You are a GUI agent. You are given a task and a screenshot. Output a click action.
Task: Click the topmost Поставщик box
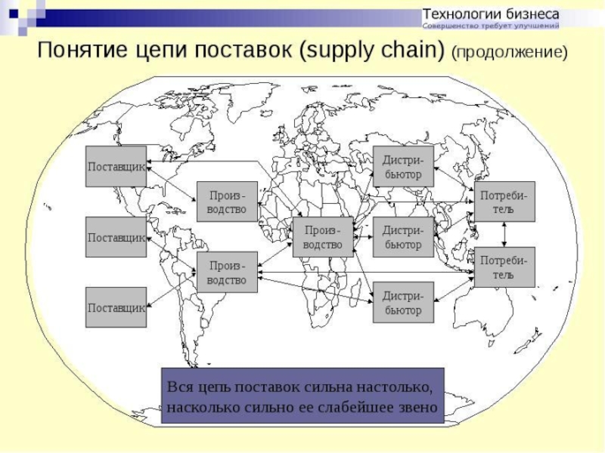pyautogui.click(x=116, y=166)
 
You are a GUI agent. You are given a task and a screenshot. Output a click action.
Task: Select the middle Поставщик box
pyautogui.click(x=116, y=237)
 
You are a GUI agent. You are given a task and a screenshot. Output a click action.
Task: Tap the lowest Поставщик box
pyautogui.click(x=116, y=307)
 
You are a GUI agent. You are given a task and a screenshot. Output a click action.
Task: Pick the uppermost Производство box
pyautogui.click(x=227, y=202)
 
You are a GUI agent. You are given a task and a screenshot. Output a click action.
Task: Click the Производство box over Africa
pyautogui.click(x=323, y=237)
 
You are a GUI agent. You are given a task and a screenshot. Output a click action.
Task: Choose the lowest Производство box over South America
pyautogui.click(x=227, y=273)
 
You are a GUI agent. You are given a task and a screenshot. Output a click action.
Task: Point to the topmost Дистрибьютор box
pyautogui.click(x=403, y=167)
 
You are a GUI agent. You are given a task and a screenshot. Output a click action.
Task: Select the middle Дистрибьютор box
pyautogui.click(x=403, y=237)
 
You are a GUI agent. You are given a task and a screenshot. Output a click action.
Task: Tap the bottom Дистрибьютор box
pyautogui.click(x=403, y=303)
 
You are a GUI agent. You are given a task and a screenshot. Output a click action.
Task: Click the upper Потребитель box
pyautogui.click(x=504, y=202)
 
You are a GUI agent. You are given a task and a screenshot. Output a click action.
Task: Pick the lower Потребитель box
pyautogui.click(x=504, y=267)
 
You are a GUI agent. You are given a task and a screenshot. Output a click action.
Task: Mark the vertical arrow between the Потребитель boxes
pyautogui.click(x=504, y=234)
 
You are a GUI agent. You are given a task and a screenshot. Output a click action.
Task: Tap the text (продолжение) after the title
pyautogui.click(x=508, y=54)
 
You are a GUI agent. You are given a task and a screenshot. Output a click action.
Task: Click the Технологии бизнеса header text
pyautogui.click(x=491, y=14)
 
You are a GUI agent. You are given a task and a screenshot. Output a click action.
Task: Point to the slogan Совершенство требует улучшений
pyautogui.click(x=491, y=26)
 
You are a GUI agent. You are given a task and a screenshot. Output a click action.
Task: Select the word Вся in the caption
pyautogui.click(x=181, y=387)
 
